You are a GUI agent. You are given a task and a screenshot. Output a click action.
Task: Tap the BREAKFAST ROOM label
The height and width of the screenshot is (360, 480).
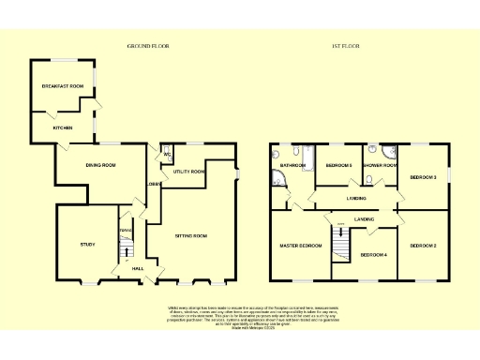point(62,86)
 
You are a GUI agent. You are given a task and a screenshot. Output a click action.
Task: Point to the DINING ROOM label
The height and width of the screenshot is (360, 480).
point(99,166)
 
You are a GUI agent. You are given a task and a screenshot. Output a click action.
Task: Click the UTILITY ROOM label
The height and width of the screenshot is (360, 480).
point(189,172)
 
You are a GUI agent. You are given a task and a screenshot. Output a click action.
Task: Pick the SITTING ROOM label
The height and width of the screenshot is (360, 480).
point(190,235)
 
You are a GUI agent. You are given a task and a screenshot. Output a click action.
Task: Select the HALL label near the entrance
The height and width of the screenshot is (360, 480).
point(137,269)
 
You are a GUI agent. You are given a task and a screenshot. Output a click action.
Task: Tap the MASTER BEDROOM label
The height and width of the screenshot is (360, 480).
point(300,246)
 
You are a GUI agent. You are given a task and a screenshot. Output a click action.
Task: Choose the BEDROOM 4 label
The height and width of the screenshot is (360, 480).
point(374,254)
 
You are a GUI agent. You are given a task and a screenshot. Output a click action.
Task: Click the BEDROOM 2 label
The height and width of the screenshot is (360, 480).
point(423,246)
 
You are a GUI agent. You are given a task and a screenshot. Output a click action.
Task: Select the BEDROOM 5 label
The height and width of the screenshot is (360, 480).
point(338,166)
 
